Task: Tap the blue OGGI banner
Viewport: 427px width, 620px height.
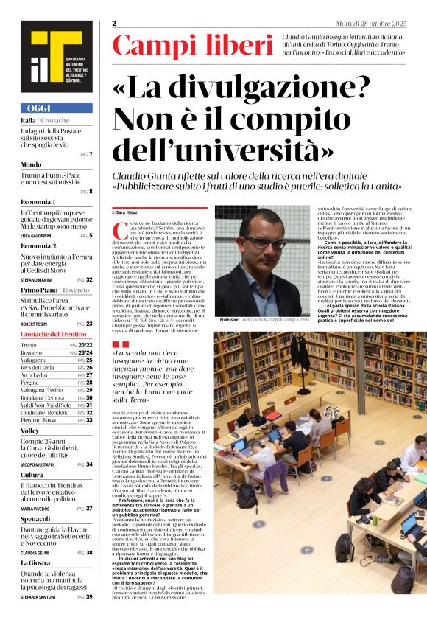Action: [x=56, y=108]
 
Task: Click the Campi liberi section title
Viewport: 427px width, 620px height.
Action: [x=192, y=46]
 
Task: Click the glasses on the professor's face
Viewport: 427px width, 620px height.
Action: [x=264, y=242]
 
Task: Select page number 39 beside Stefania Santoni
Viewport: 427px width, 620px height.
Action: [x=89, y=596]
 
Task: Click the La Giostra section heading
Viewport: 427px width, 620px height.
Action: [x=35, y=563]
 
